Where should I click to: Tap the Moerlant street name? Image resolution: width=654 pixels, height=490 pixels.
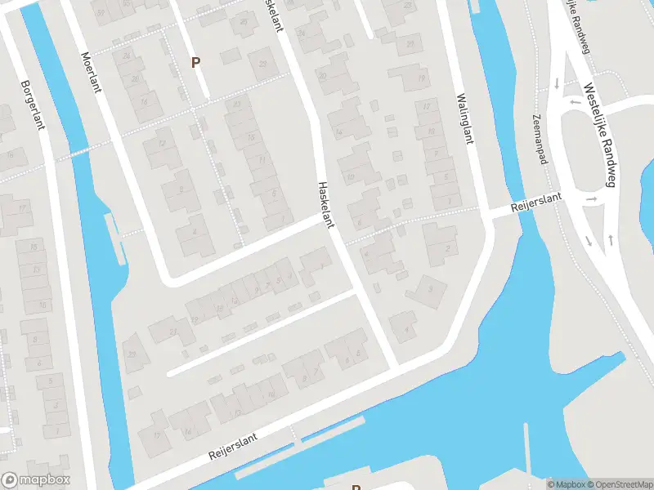click(91, 72)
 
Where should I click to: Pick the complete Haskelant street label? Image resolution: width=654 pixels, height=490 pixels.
click(327, 205)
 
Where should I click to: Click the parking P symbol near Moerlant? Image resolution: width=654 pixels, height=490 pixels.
click(195, 62)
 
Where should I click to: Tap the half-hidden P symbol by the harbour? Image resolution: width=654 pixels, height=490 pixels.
click(356, 487)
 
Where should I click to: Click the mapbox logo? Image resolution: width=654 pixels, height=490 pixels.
click(36, 480)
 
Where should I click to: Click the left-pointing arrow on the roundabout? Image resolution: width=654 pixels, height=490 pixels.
click(575, 102)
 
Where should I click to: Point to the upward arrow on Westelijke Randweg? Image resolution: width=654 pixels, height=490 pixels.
click(611, 239)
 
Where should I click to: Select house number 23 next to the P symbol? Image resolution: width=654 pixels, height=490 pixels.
click(263, 64)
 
